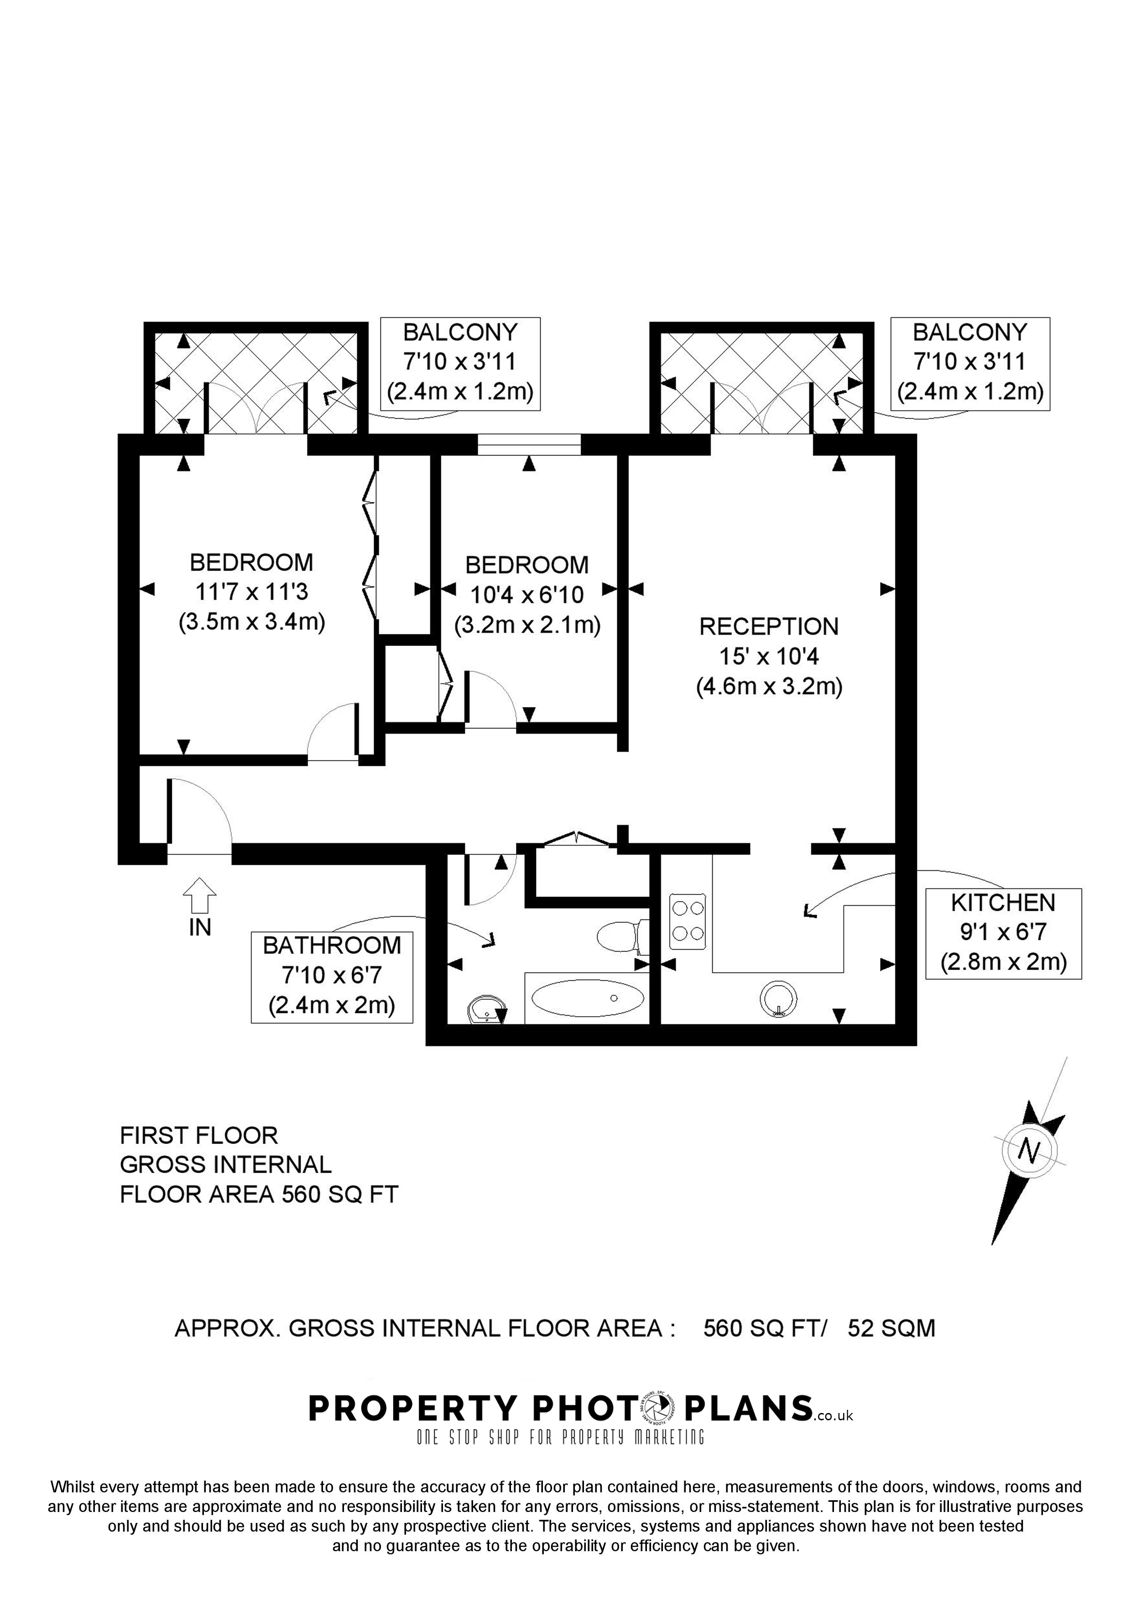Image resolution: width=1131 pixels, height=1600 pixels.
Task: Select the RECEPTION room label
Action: (x=769, y=627)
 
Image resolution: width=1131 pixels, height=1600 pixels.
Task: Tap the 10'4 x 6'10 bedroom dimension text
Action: (x=527, y=594)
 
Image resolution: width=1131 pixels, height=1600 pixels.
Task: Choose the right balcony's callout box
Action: (x=970, y=362)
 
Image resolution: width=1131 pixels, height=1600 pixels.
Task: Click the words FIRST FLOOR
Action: (x=198, y=1136)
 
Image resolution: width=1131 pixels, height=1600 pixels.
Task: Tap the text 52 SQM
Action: (x=891, y=1328)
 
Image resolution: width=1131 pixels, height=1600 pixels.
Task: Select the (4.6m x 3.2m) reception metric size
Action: (x=769, y=687)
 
